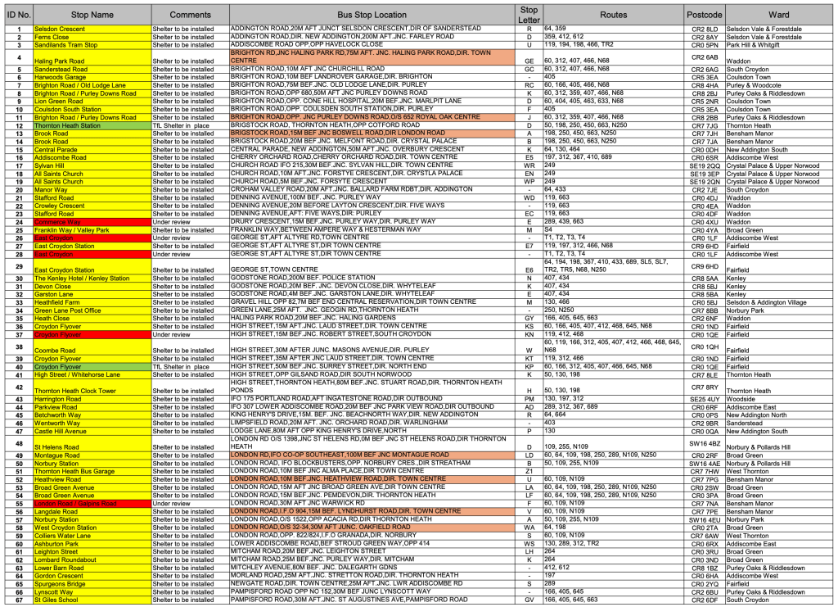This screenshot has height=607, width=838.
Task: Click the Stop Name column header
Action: (92, 15)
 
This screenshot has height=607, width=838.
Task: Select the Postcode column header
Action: (704, 15)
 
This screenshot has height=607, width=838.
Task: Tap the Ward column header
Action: (779, 15)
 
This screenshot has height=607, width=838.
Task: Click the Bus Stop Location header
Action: (372, 15)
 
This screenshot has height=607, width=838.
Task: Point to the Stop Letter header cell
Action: (529, 15)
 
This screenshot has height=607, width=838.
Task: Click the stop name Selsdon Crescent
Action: (60, 29)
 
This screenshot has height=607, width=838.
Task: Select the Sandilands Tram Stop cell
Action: (65, 45)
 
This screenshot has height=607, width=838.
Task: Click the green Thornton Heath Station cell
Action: (67, 125)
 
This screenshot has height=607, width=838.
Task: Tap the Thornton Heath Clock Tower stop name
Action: (75, 391)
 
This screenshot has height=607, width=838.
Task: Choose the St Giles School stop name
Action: (56, 600)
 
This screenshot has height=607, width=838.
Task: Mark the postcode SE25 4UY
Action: (705, 399)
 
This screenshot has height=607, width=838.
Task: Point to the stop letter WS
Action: (529, 543)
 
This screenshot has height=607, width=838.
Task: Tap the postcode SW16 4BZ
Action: (705, 443)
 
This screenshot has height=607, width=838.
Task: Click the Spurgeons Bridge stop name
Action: (59, 584)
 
